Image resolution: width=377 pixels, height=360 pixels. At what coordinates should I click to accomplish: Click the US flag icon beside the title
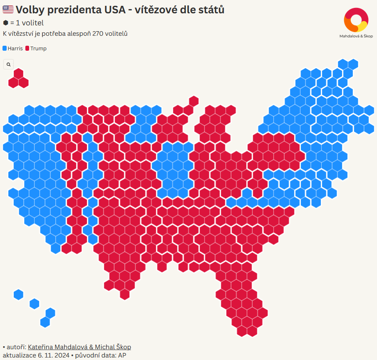pos(8,10)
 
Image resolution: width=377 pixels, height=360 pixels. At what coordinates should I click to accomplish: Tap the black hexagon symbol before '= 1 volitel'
pos(5,23)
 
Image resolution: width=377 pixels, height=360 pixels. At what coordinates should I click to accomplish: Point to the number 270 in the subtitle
pos(98,33)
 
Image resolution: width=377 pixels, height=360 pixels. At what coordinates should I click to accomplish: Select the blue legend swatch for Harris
pos(5,48)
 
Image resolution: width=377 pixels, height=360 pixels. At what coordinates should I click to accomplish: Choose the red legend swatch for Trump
pos(27,48)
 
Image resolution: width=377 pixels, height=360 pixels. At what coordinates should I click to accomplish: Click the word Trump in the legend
pos(39,48)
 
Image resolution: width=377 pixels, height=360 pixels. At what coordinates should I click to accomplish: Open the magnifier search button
pos(8,64)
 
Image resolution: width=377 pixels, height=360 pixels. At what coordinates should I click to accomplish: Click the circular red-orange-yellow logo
pos(356,20)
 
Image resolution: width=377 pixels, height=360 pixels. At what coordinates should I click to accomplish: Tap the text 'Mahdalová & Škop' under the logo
pos(356,36)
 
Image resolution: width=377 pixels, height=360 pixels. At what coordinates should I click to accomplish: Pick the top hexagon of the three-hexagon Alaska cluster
pos(19,74)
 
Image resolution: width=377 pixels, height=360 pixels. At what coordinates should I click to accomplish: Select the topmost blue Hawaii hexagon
pos(19,295)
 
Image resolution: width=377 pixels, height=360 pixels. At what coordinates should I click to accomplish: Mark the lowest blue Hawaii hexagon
pos(45,322)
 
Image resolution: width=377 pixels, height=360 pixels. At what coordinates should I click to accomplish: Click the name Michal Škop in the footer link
pos(113,347)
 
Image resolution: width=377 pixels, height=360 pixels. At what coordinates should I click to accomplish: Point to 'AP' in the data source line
pos(122,355)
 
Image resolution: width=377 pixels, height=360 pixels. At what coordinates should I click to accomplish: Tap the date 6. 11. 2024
pos(53,355)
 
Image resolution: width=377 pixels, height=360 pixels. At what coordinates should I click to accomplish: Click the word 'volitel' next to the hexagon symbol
pos(30,23)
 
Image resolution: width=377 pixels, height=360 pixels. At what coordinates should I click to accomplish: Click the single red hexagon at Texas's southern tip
pos(125,294)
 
